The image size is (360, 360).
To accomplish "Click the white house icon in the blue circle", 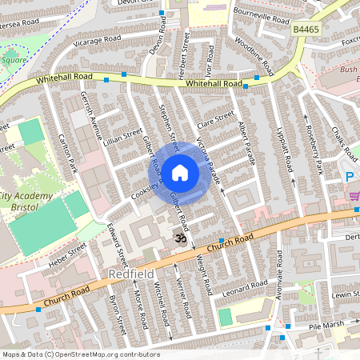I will pos(180,172).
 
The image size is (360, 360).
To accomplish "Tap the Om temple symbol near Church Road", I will pos(180,238).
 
